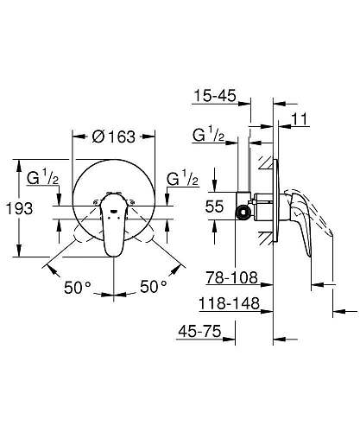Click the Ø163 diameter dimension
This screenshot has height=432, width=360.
[x=114, y=136]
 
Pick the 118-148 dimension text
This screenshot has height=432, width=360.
[x=229, y=303]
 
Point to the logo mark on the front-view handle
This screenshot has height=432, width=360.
[x=115, y=206]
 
